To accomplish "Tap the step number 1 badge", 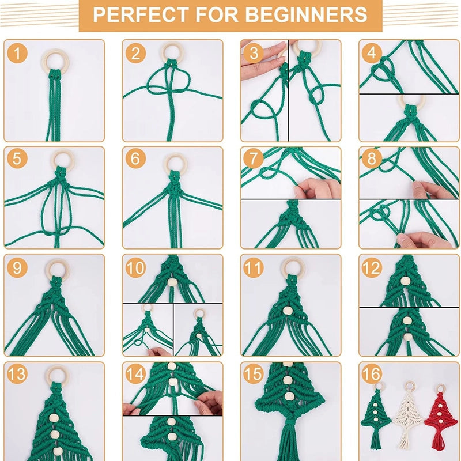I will (x=18, y=54).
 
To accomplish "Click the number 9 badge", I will (x=18, y=267).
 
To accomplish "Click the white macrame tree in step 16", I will (x=409, y=418).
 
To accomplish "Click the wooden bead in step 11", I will (x=288, y=311).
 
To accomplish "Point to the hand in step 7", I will (x=317, y=188).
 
